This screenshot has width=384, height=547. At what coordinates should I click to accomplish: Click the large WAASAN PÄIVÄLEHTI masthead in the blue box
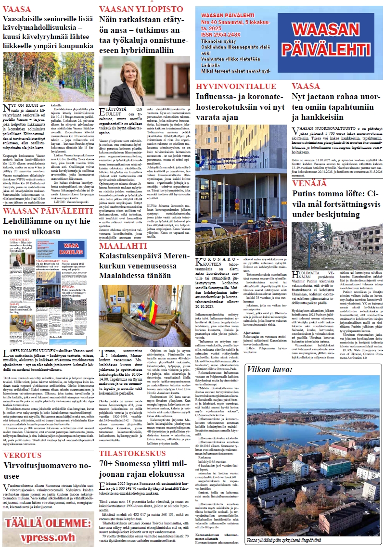tap(333, 43)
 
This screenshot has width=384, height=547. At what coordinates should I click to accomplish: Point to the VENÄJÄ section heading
tap(308, 183)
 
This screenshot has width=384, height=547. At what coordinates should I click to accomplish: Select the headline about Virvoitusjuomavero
tap(47, 474)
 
